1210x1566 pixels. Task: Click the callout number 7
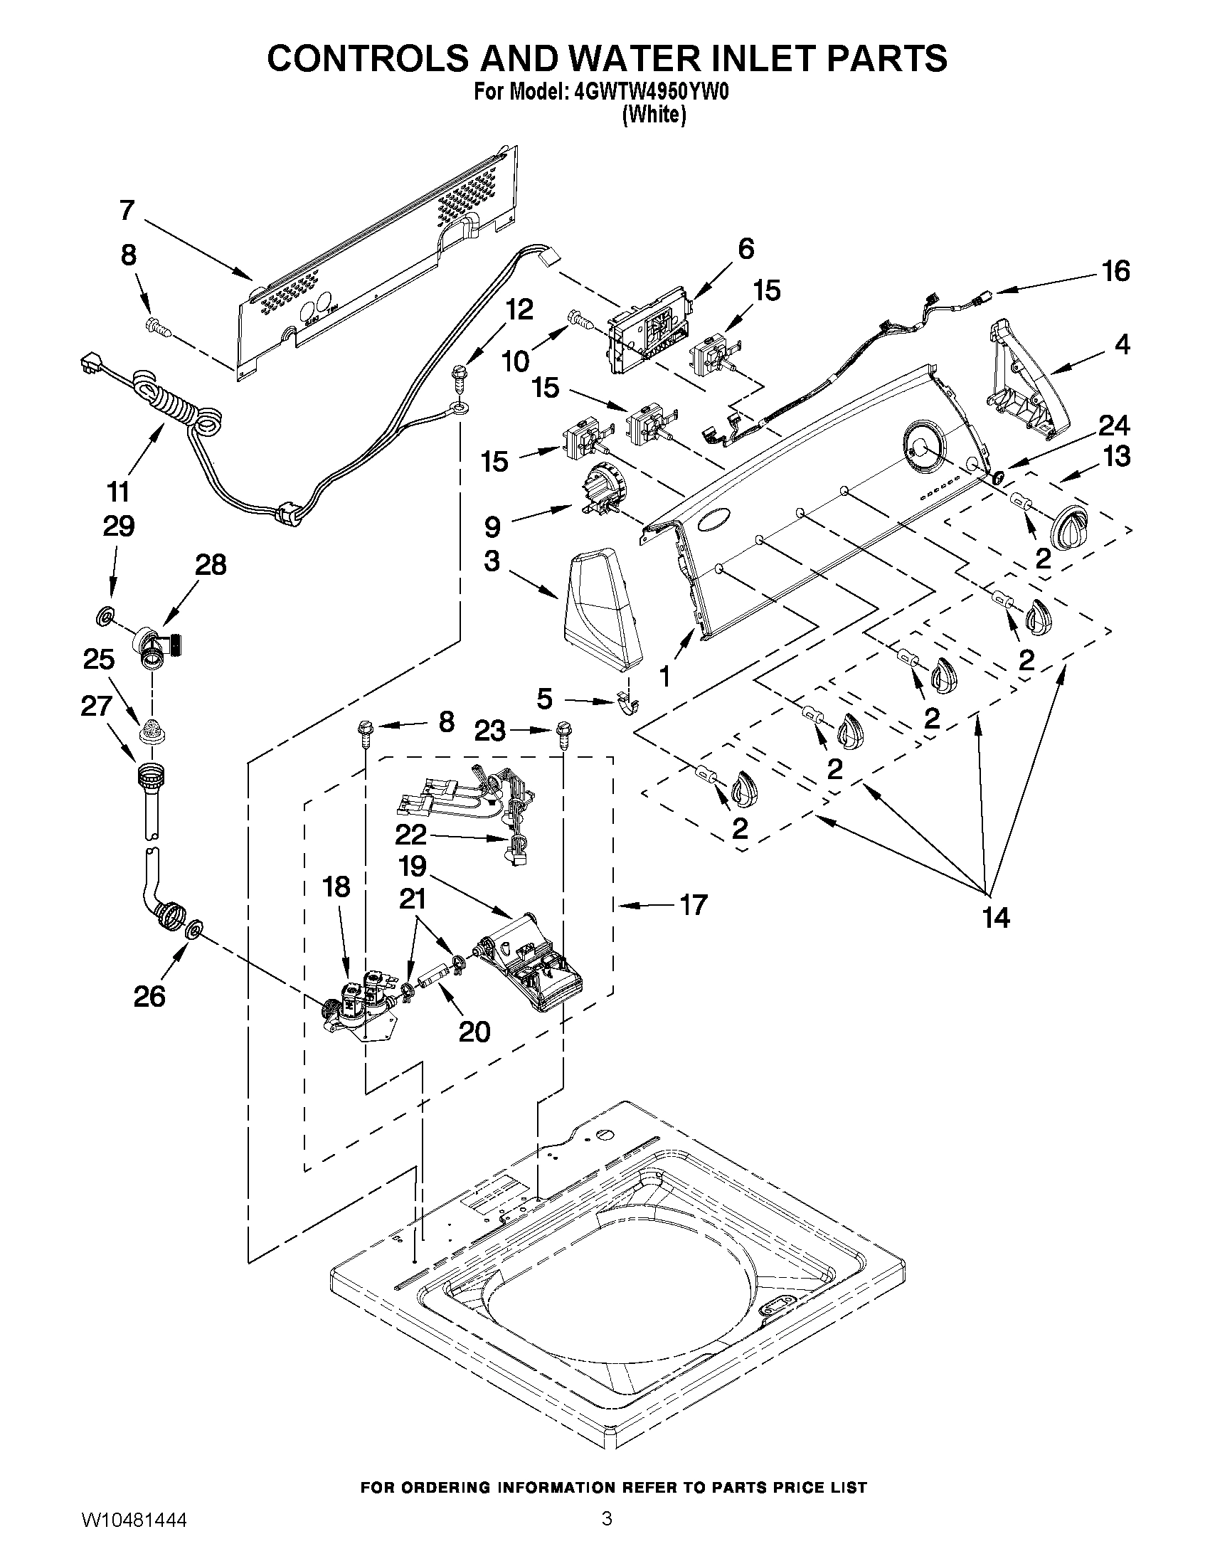(127, 210)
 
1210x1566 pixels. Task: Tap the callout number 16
(1116, 271)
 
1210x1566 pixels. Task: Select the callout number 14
(997, 916)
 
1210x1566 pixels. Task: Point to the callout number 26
(150, 996)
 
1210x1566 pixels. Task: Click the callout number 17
(693, 905)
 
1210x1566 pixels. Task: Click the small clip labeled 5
(627, 706)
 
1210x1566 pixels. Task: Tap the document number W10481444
(134, 1538)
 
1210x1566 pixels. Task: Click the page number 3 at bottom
(607, 1535)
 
